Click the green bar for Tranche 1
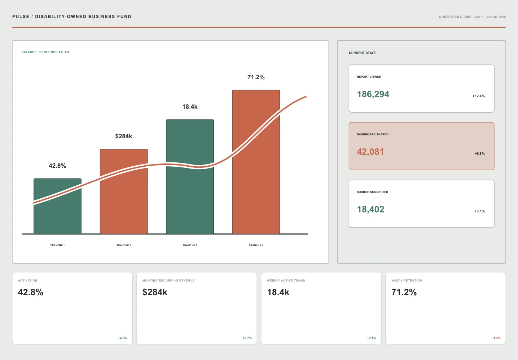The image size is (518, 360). point(58,206)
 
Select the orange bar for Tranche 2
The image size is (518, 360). point(124,191)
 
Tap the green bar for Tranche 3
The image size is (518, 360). point(190,177)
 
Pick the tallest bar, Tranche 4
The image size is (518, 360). point(256,162)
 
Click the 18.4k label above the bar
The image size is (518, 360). point(190,107)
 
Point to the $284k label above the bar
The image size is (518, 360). point(124,136)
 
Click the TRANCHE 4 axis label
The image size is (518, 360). point(256,245)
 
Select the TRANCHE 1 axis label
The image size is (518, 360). point(58,245)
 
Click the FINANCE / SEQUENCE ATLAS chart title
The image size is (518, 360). point(46,52)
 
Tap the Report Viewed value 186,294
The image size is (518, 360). point(373,94)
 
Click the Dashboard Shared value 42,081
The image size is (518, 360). point(370,152)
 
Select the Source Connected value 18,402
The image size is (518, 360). point(371,210)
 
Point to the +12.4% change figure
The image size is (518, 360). point(478,96)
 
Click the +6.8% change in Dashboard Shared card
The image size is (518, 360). point(480,154)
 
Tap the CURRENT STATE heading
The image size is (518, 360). point(362,53)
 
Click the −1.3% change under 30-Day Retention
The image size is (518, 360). point(496,338)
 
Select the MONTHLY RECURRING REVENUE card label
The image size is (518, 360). point(168,280)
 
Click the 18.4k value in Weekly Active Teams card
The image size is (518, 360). point(278,292)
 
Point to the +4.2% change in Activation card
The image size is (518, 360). point(123,338)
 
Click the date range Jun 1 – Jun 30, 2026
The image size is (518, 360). point(490,17)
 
